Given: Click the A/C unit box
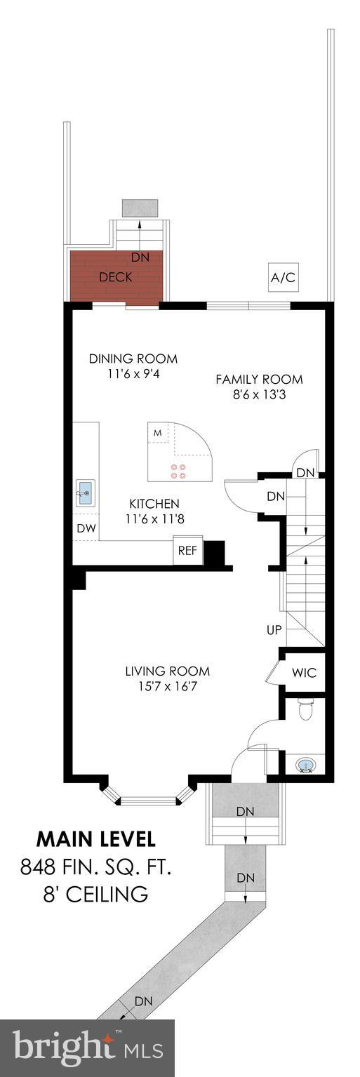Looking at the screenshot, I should click(283, 278).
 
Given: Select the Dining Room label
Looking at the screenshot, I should click(133, 359).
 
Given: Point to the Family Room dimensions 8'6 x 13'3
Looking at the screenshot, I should click(259, 395).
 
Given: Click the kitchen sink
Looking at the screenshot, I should click(86, 493).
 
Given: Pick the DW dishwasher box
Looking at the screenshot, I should click(86, 528).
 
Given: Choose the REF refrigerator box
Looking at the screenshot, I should click(187, 551).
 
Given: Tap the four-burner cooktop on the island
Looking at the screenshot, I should click(178, 471).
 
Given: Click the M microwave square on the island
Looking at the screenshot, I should click(158, 433).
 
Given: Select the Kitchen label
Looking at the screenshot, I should click(154, 504).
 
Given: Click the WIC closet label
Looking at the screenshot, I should click(305, 673).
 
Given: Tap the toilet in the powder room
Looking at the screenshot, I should click(305, 711).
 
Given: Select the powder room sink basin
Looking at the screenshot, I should click(306, 764).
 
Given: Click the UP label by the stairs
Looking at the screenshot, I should click(274, 630).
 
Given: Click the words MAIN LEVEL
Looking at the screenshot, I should click(96, 839).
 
